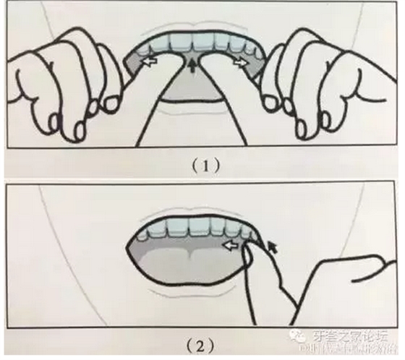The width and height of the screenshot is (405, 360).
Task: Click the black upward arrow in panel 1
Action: [192, 68]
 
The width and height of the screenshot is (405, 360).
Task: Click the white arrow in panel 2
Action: [232, 245]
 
